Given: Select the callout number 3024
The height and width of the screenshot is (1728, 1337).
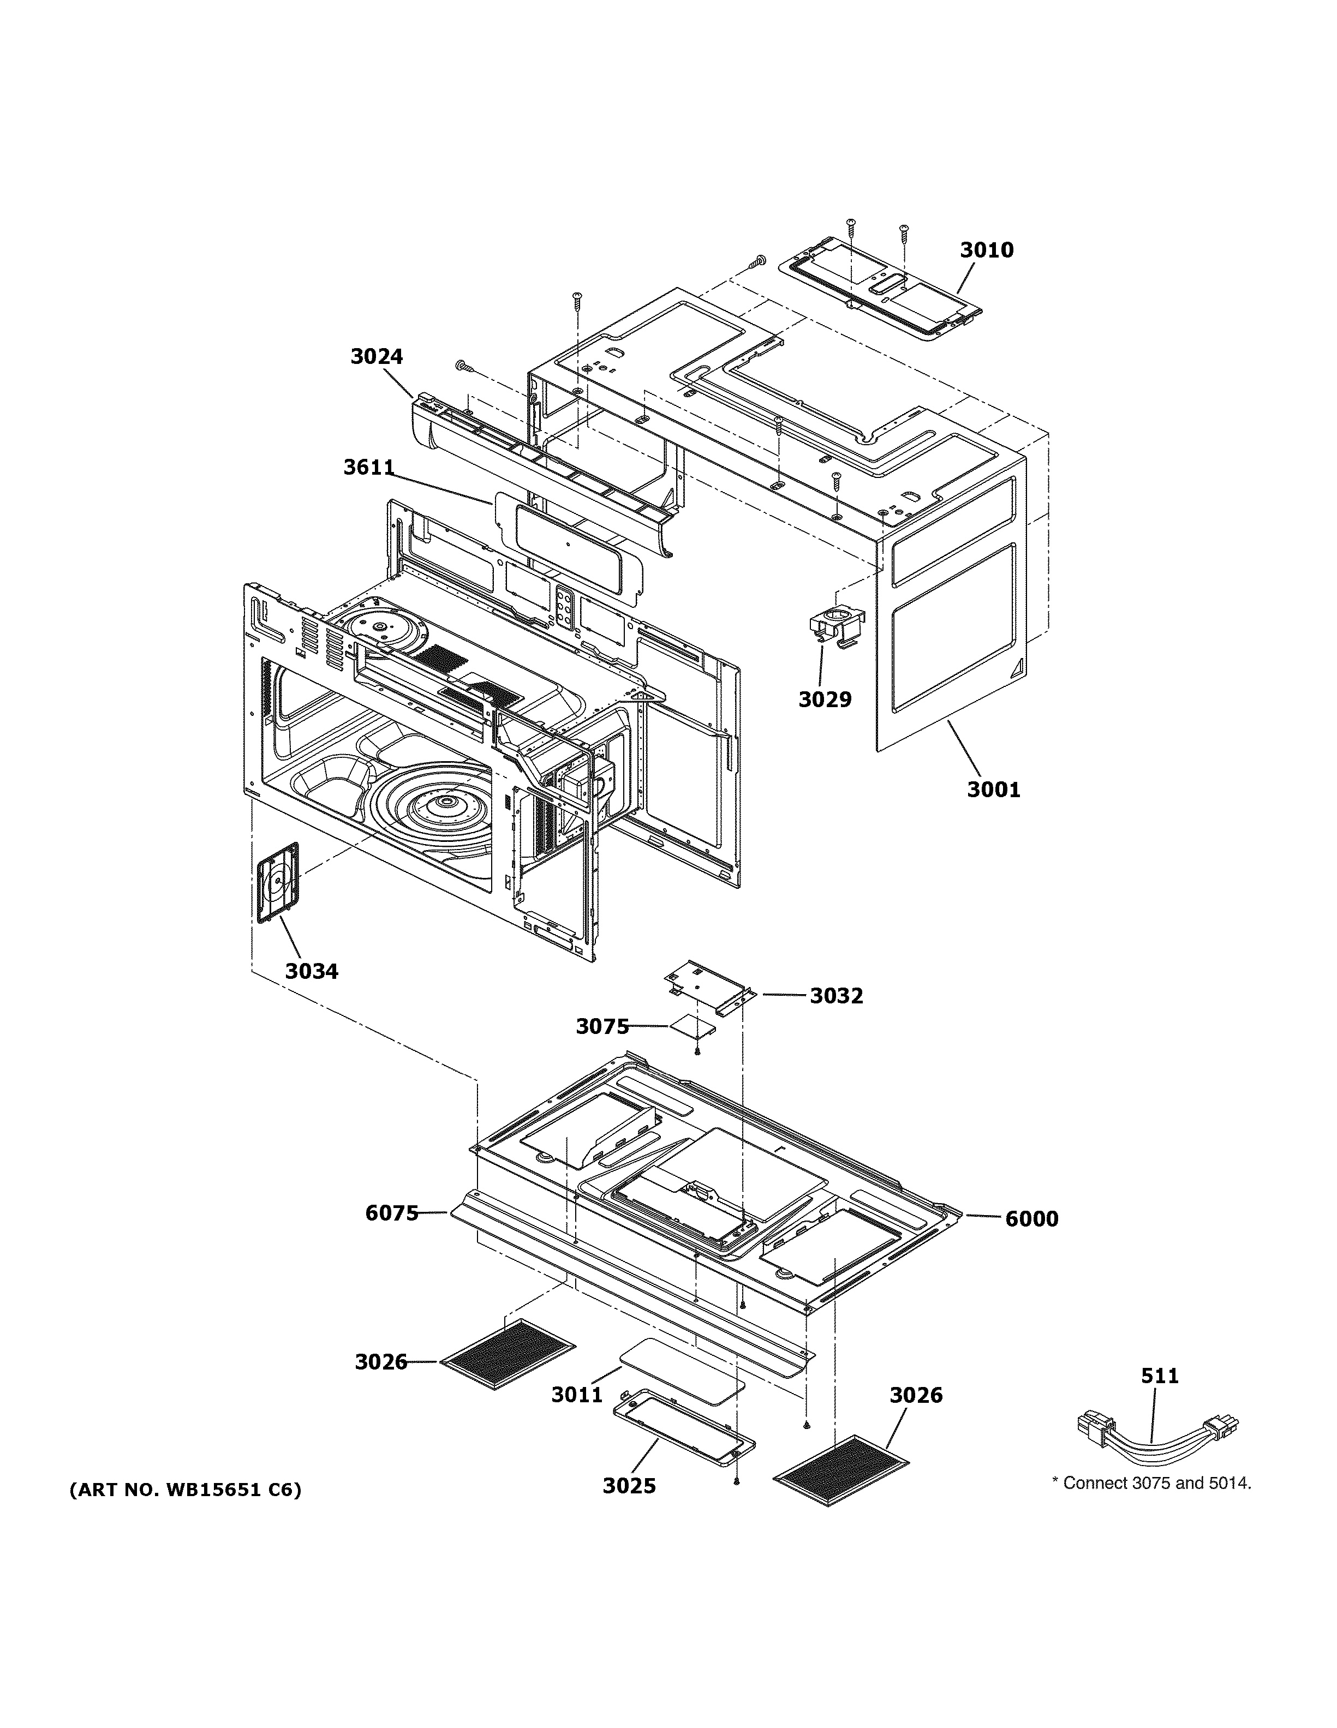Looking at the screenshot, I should [377, 357].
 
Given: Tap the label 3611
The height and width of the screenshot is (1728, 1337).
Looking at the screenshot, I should [369, 468].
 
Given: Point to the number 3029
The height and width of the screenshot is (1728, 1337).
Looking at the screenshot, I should [825, 699].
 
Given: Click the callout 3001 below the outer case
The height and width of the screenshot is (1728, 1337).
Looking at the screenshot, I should [994, 790].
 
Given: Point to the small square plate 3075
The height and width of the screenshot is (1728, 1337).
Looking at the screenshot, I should [692, 1026].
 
